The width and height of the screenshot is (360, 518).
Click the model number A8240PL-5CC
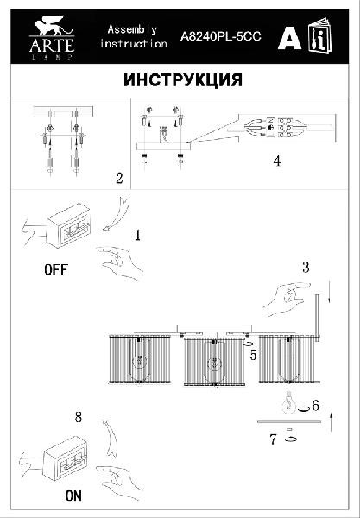[221, 36]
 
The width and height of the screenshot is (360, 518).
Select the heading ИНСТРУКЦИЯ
[183, 80]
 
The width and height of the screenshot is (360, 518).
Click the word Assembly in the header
[132, 29]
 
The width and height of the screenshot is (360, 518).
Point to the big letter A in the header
[289, 38]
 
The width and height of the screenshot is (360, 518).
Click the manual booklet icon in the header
[320, 35]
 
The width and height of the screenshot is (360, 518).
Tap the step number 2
[119, 178]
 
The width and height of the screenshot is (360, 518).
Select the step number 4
[277, 161]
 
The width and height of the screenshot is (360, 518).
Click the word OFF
[56, 270]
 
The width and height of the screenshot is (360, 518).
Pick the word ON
[73, 496]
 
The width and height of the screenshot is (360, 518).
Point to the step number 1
[138, 235]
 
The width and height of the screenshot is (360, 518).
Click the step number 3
[306, 268]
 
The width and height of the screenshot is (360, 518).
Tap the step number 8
[78, 417]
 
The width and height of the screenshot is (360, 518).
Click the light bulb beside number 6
[289, 402]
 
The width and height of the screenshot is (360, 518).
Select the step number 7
[273, 439]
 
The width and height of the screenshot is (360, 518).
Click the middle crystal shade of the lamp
[215, 361]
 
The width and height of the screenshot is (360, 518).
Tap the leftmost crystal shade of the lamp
[140, 359]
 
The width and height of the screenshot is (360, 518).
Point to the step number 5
[253, 355]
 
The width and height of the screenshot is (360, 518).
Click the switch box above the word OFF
[68, 225]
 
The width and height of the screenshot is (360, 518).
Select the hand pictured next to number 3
[286, 298]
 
